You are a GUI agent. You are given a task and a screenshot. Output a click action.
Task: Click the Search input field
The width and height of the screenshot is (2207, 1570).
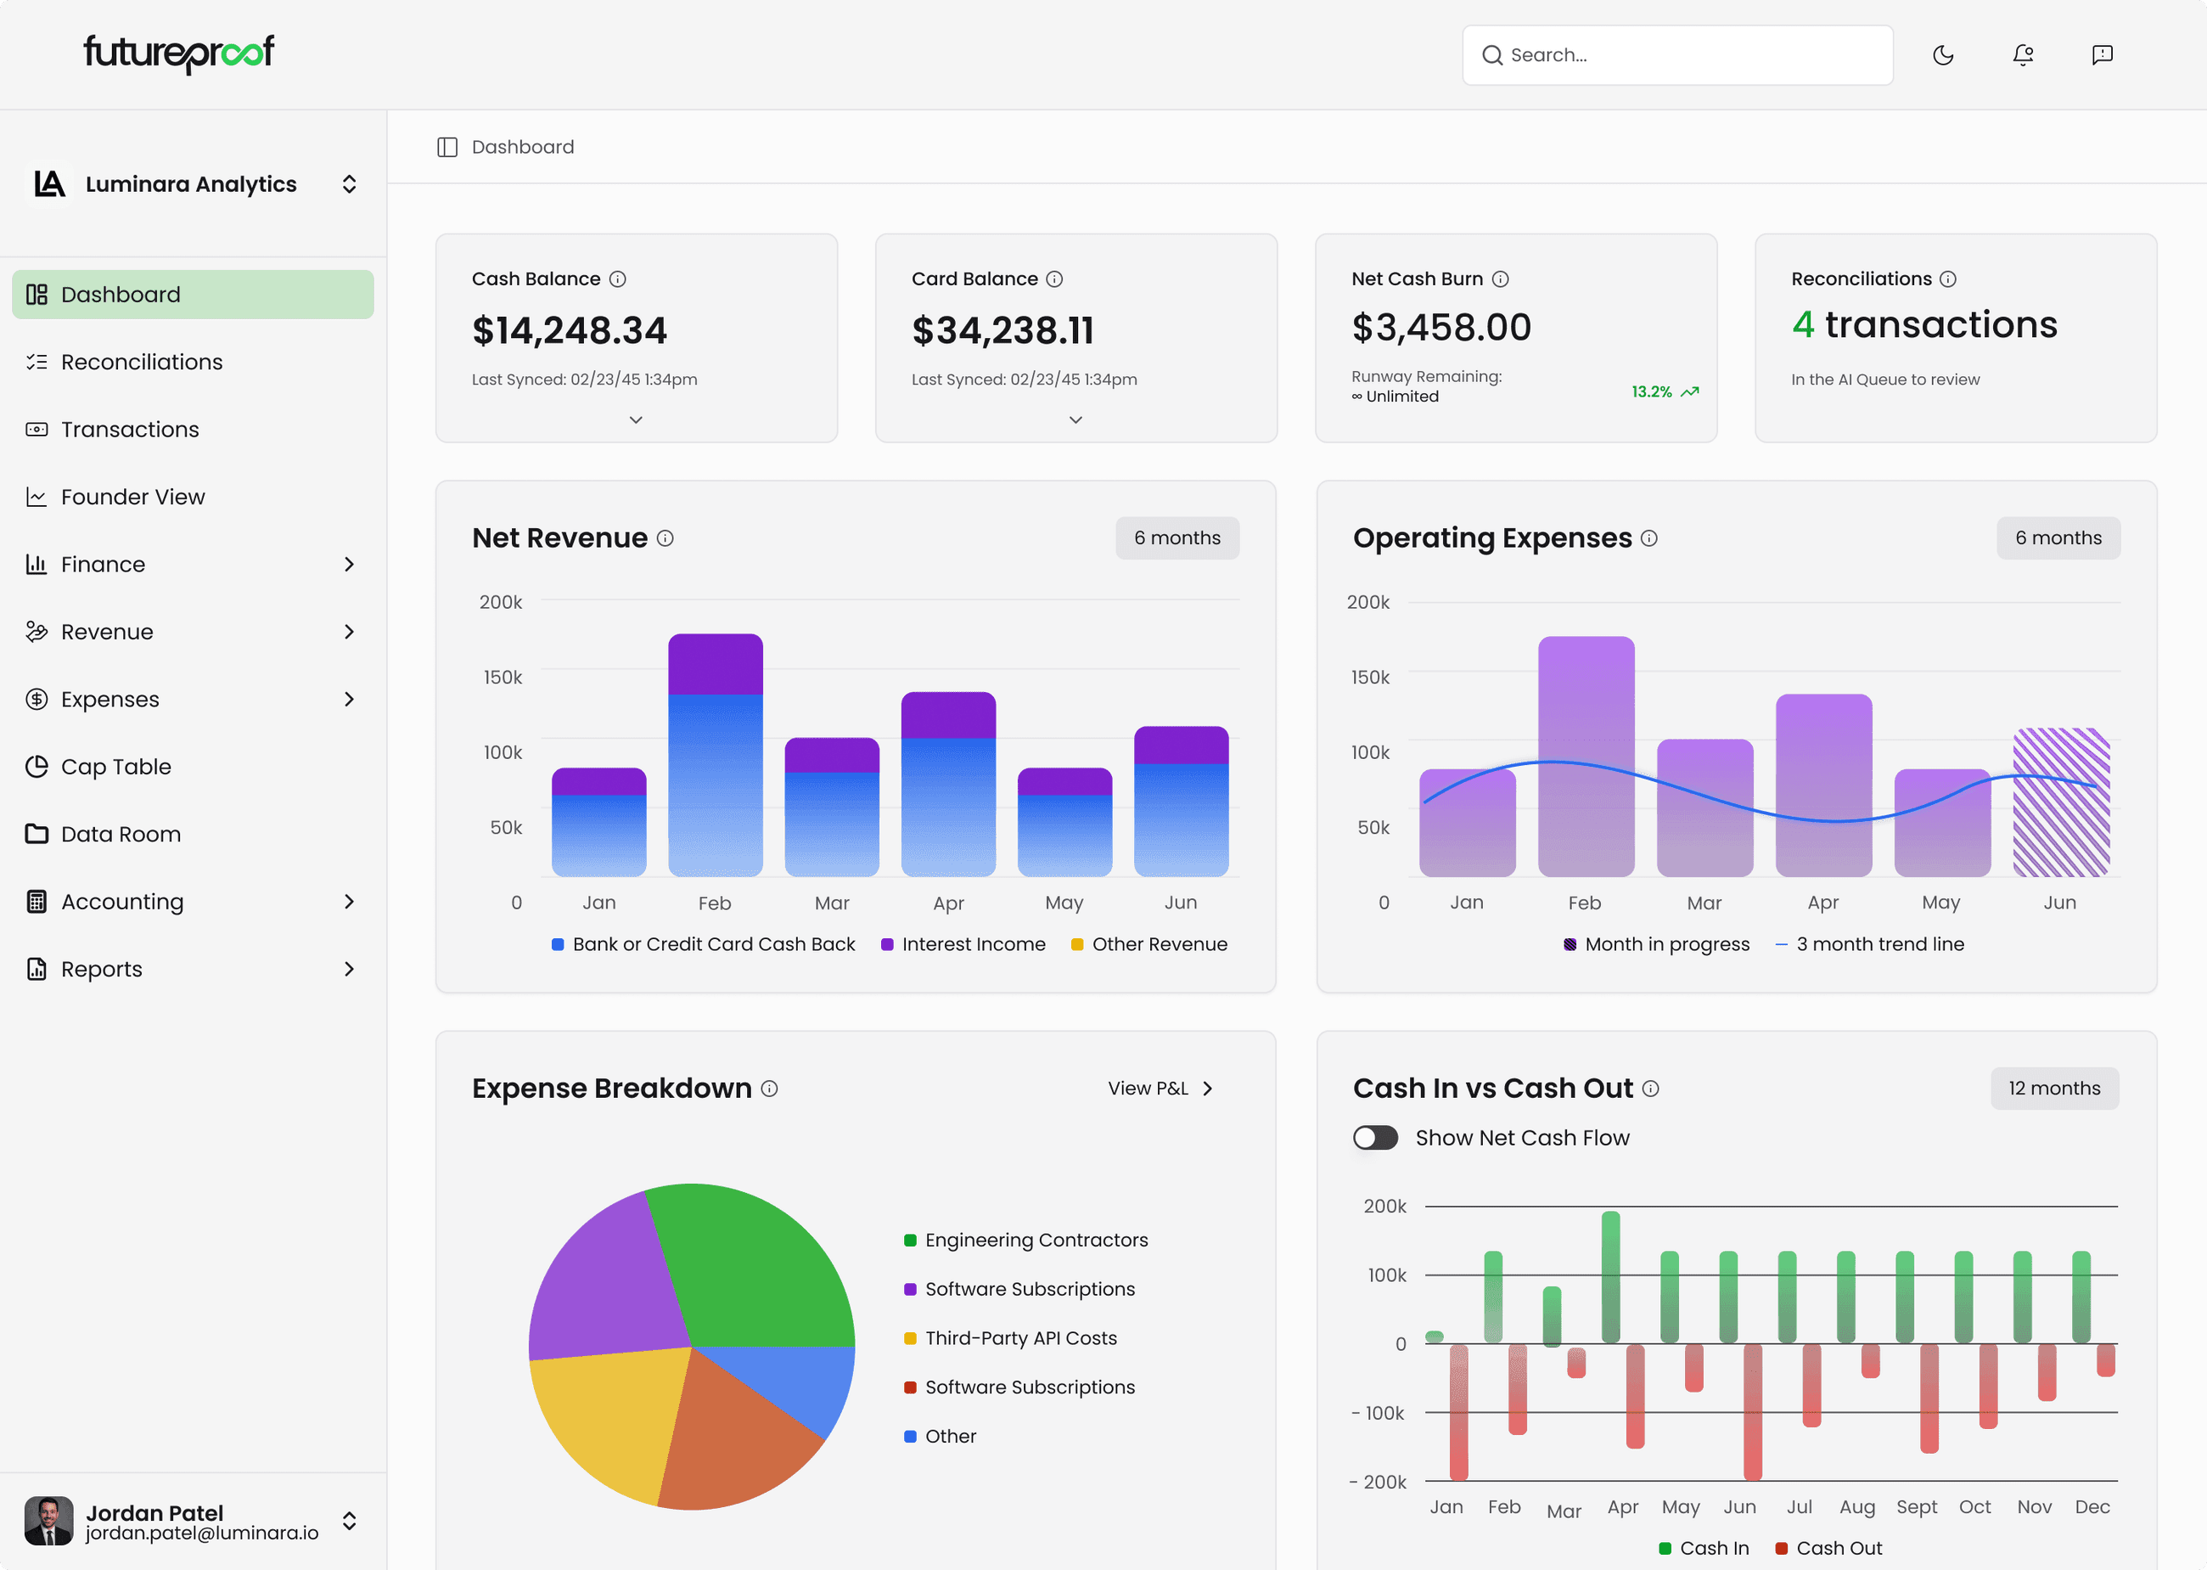click(x=1676, y=55)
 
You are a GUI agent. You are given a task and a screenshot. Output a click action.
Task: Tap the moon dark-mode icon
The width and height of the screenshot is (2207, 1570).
click(x=1942, y=55)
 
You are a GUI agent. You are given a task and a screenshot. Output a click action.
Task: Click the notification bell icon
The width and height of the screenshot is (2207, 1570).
click(x=2023, y=55)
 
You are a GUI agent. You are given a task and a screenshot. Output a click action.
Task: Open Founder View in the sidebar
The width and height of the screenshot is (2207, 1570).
click(x=132, y=497)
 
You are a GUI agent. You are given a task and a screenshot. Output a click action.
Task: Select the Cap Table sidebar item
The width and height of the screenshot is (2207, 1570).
click(x=116, y=767)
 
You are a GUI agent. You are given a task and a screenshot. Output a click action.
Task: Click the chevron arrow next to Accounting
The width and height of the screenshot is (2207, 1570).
click(x=349, y=901)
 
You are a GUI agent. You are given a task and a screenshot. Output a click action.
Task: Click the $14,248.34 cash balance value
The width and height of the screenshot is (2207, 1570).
click(x=569, y=330)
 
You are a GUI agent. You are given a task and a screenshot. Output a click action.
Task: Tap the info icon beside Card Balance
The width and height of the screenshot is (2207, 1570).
click(x=1054, y=279)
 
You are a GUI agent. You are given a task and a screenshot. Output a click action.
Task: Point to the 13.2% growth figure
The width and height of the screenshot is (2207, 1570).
click(x=1651, y=391)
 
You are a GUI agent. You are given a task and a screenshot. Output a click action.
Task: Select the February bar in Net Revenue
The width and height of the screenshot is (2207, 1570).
click(x=715, y=754)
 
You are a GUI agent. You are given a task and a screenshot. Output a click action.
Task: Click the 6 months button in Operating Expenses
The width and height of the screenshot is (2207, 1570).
click(x=2058, y=537)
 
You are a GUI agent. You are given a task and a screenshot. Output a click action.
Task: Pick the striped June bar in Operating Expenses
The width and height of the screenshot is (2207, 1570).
click(x=2060, y=802)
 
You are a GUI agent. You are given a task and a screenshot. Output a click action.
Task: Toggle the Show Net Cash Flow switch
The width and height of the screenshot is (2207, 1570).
click(x=1375, y=1138)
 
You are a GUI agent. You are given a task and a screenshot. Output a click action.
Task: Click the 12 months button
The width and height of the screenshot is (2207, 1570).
click(x=2053, y=1088)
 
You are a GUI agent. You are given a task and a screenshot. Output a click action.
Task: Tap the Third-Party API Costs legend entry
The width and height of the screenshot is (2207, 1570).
click(x=1019, y=1338)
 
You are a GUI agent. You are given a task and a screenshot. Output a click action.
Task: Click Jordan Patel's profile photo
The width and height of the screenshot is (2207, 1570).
click(x=48, y=1521)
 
